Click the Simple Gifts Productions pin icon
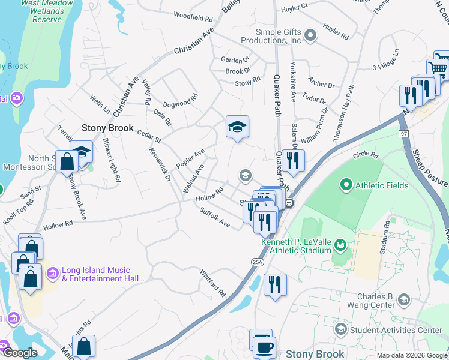tap(310, 36)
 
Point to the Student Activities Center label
tap(396, 329)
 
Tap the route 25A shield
tap(255, 262)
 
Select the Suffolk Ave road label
tap(215, 218)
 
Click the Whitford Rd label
tap(212, 283)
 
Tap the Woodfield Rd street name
tap(193, 16)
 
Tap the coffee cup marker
tap(264, 347)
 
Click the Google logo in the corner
tap(19, 353)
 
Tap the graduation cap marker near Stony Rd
tap(237, 127)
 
